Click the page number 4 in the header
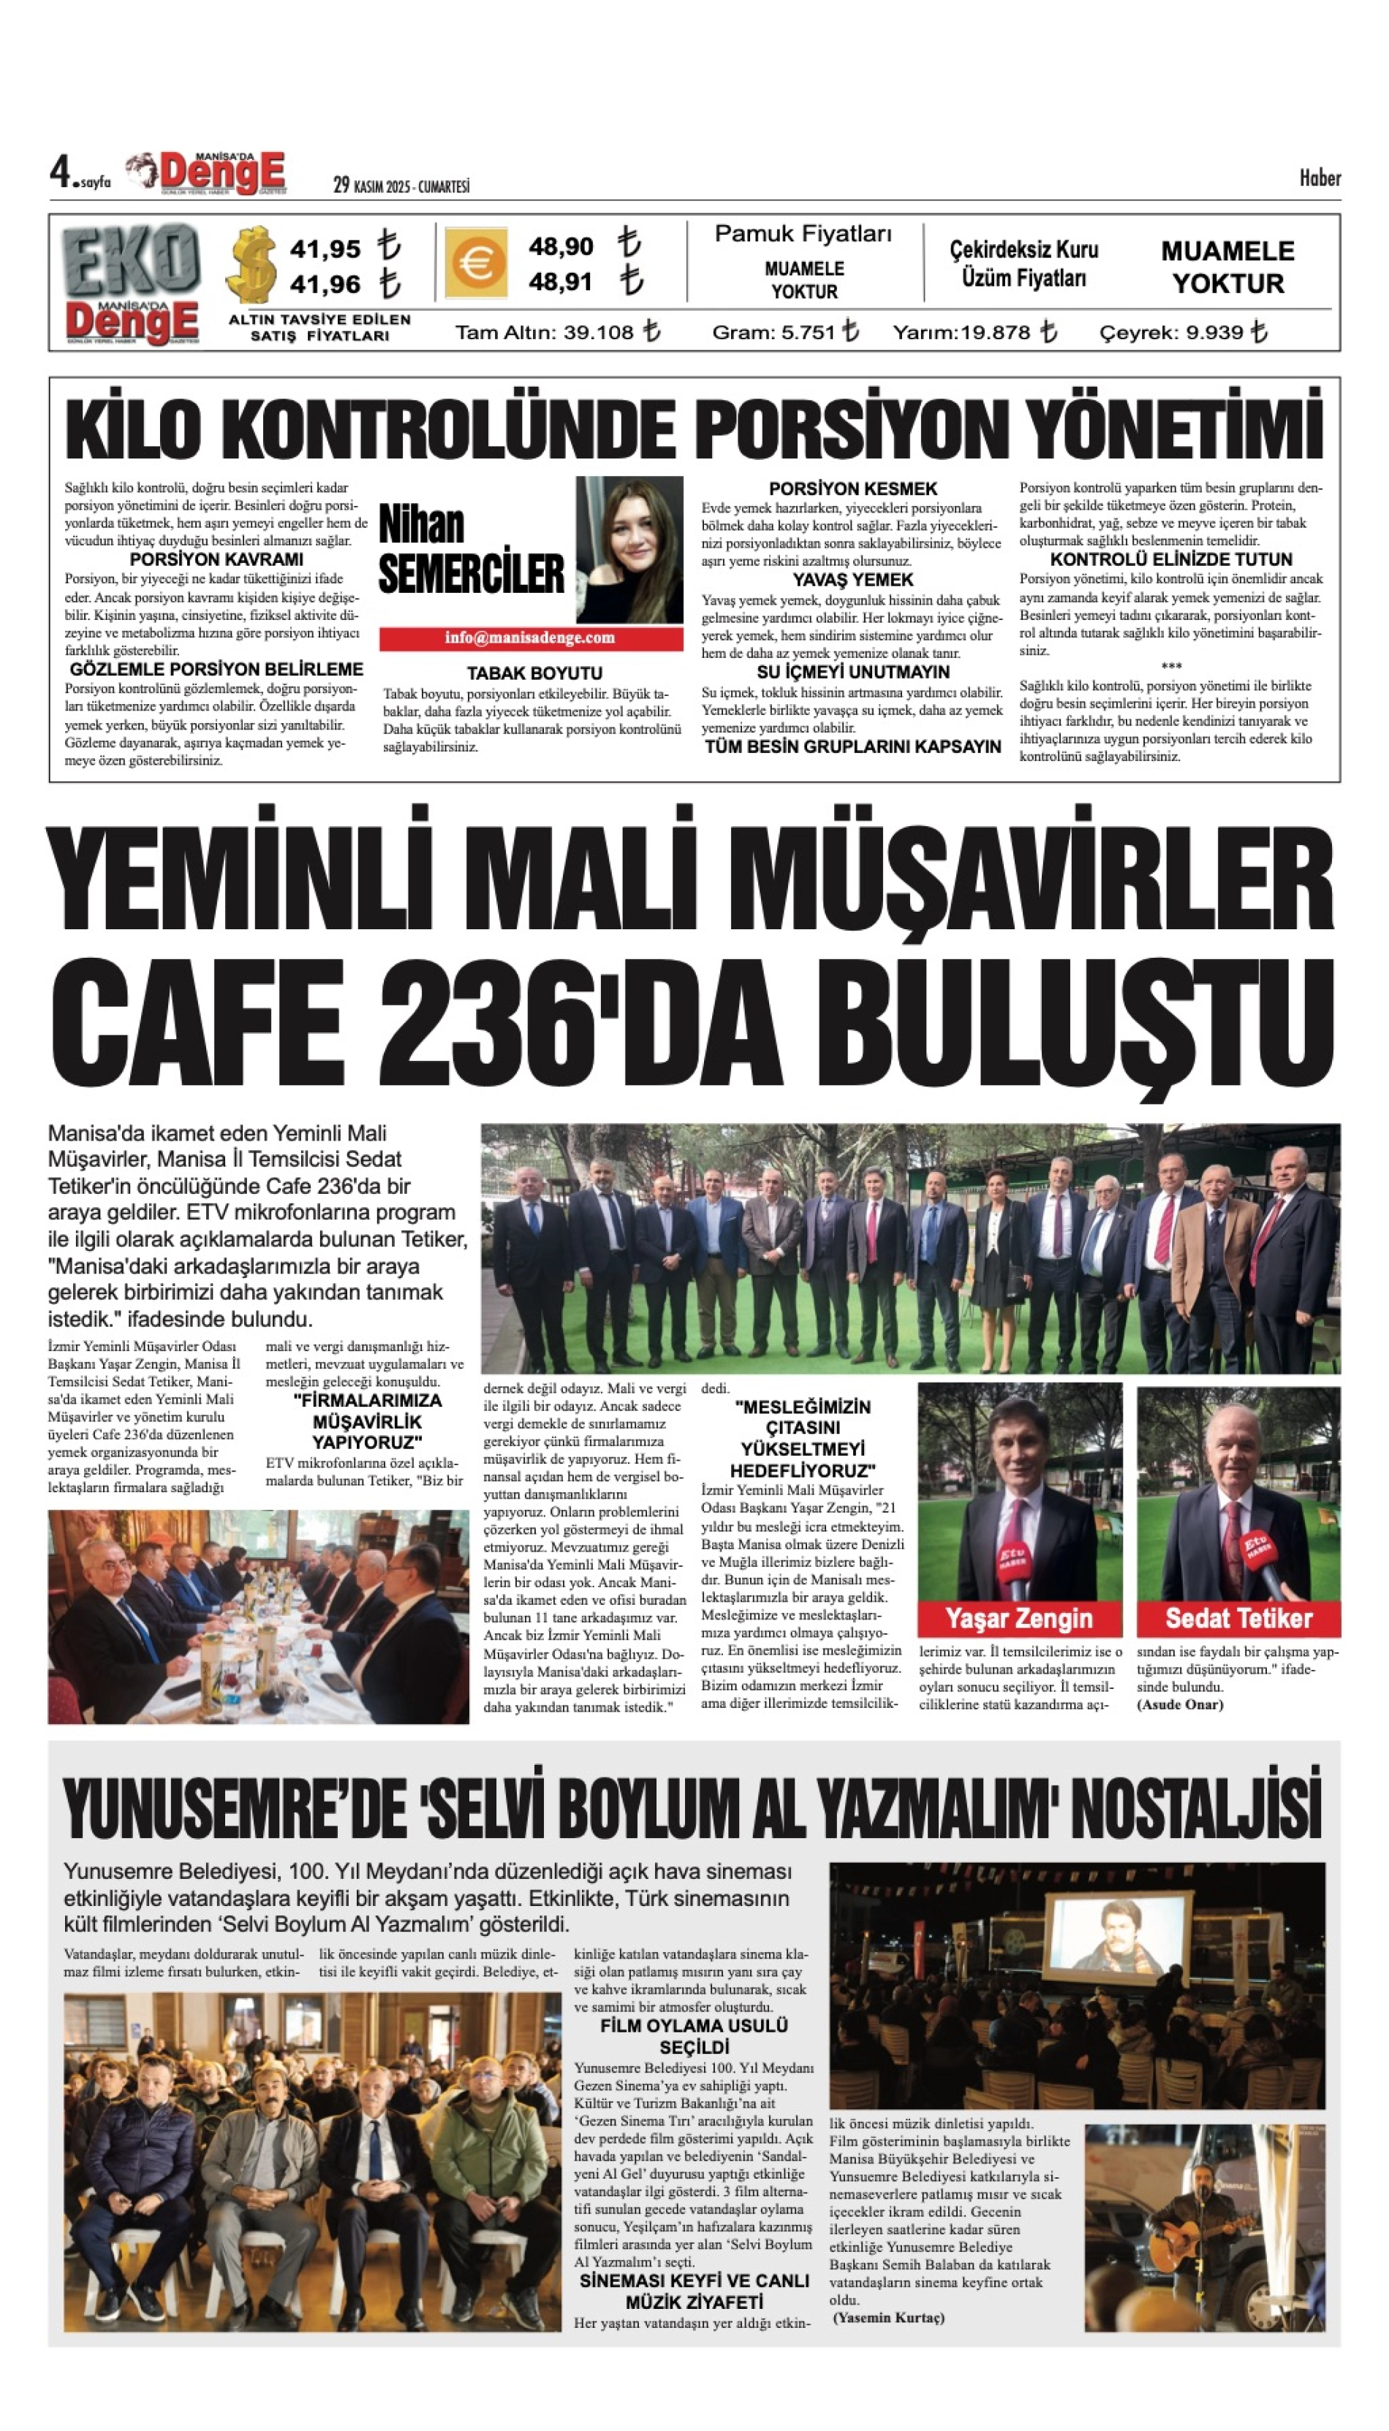[x=61, y=172]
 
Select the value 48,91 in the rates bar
[x=560, y=282]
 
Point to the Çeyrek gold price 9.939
[x=1214, y=332]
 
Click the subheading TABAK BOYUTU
[x=534, y=673]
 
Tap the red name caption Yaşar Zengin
[x=1019, y=1618]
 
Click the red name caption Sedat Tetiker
[x=1238, y=1618]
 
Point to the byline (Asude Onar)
[x=1179, y=1704]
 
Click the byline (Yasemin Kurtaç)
[x=888, y=2318]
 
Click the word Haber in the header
[x=1320, y=178]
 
